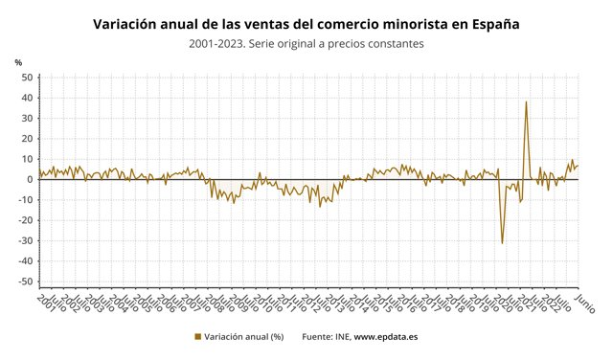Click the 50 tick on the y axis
(x=27, y=78)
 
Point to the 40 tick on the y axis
(x=27, y=98)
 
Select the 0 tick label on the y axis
(x=30, y=179)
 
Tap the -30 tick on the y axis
(x=25, y=240)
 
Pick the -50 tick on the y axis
(x=25, y=281)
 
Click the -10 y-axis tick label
(x=25, y=199)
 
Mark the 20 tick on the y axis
(x=27, y=139)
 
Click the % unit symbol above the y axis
(x=18, y=62)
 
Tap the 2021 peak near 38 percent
(x=526, y=102)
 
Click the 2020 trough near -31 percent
(x=502, y=242)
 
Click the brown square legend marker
(x=198, y=336)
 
